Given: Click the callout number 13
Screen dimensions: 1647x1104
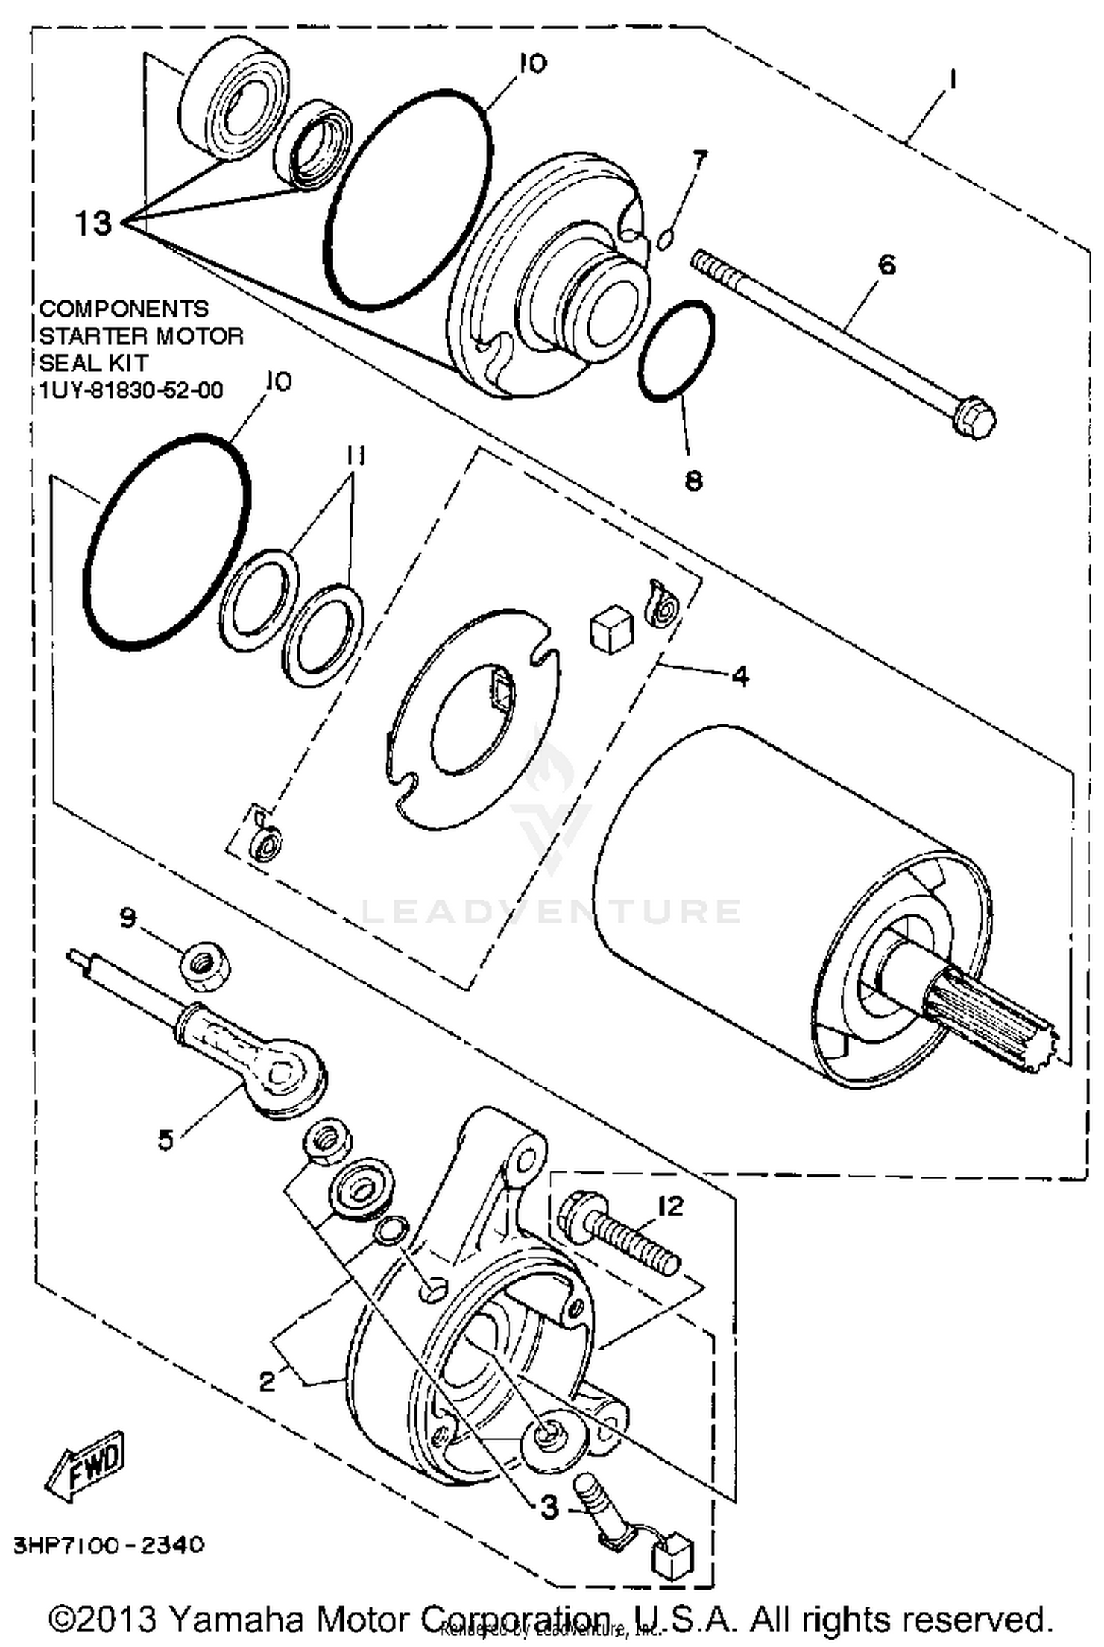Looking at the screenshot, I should (x=93, y=222).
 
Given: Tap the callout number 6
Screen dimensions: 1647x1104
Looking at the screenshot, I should (x=887, y=264).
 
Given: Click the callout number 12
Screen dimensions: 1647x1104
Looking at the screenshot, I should (x=670, y=1205).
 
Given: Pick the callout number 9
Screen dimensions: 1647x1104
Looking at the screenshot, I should (x=128, y=918).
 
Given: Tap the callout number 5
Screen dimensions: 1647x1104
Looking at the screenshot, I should (x=166, y=1140).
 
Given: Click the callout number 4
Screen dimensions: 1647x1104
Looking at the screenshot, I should (x=740, y=674).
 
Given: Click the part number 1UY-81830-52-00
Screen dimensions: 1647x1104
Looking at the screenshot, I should (x=131, y=390).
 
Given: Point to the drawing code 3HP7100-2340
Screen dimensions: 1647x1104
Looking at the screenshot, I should (x=107, y=1544).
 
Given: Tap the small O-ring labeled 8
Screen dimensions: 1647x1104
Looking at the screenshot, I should (x=676, y=351).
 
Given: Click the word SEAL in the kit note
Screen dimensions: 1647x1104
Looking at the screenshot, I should (x=66, y=363).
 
